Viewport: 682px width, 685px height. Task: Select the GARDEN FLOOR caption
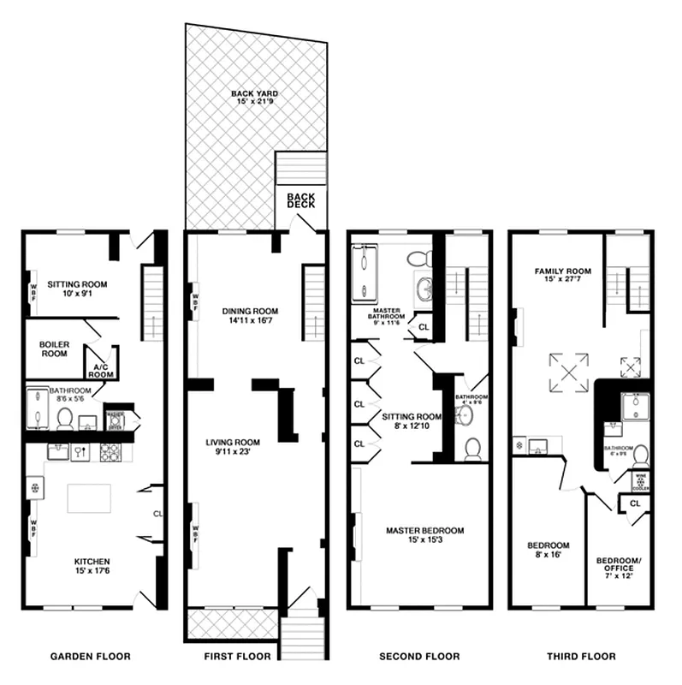pyautogui.click(x=90, y=657)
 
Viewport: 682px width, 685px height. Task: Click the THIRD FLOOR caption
pyautogui.click(x=580, y=657)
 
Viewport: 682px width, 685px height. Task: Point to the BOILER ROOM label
pyautogui.click(x=54, y=348)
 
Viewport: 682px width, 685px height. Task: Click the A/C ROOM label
pyautogui.click(x=102, y=370)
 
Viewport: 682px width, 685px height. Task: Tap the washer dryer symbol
pyautogui.click(x=115, y=420)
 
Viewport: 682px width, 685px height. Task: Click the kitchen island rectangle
pyautogui.click(x=89, y=498)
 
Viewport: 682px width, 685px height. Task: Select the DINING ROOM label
pyautogui.click(x=251, y=311)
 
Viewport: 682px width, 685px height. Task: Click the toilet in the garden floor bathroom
pyautogui.click(x=65, y=419)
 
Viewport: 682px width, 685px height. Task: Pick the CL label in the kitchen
pyautogui.click(x=157, y=514)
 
